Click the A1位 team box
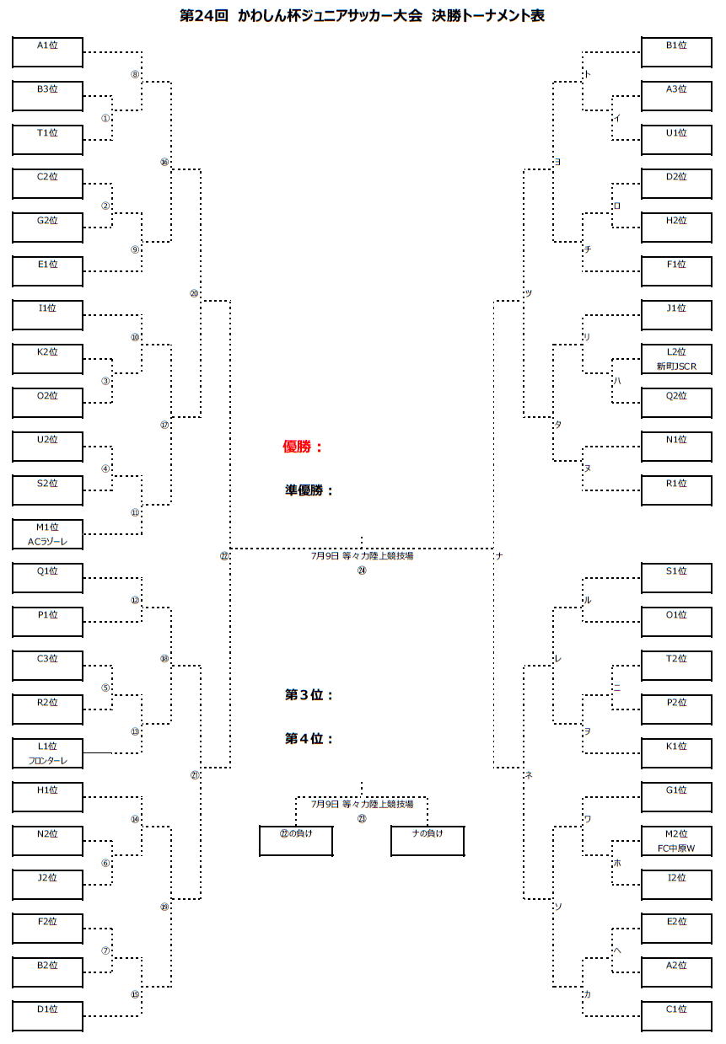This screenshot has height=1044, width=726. [x=47, y=52]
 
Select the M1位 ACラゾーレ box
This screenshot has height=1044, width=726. [x=47, y=534]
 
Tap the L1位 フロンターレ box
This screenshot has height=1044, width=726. [x=47, y=753]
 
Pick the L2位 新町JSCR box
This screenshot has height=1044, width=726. [x=676, y=359]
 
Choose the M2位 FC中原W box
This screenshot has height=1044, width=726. [x=676, y=841]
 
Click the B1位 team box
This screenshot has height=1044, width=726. [x=676, y=52]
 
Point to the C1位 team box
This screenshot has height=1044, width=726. [x=676, y=1016]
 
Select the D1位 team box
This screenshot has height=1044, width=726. [x=47, y=1016]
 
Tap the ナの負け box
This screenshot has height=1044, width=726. [x=428, y=841]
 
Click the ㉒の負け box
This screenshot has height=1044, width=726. [x=295, y=841]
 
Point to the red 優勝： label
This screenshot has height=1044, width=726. [x=303, y=447]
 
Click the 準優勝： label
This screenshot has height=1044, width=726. [x=309, y=490]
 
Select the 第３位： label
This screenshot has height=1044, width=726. [x=309, y=695]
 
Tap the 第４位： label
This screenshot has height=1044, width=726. [x=309, y=739]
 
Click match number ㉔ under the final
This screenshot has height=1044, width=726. [x=362, y=570]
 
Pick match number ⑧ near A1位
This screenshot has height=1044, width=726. [x=135, y=74]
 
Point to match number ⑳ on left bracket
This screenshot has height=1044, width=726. [x=194, y=293]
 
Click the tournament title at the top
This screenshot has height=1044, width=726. [x=363, y=16]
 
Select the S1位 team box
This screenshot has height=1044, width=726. [x=676, y=578]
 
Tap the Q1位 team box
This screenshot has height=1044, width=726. [x=47, y=578]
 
